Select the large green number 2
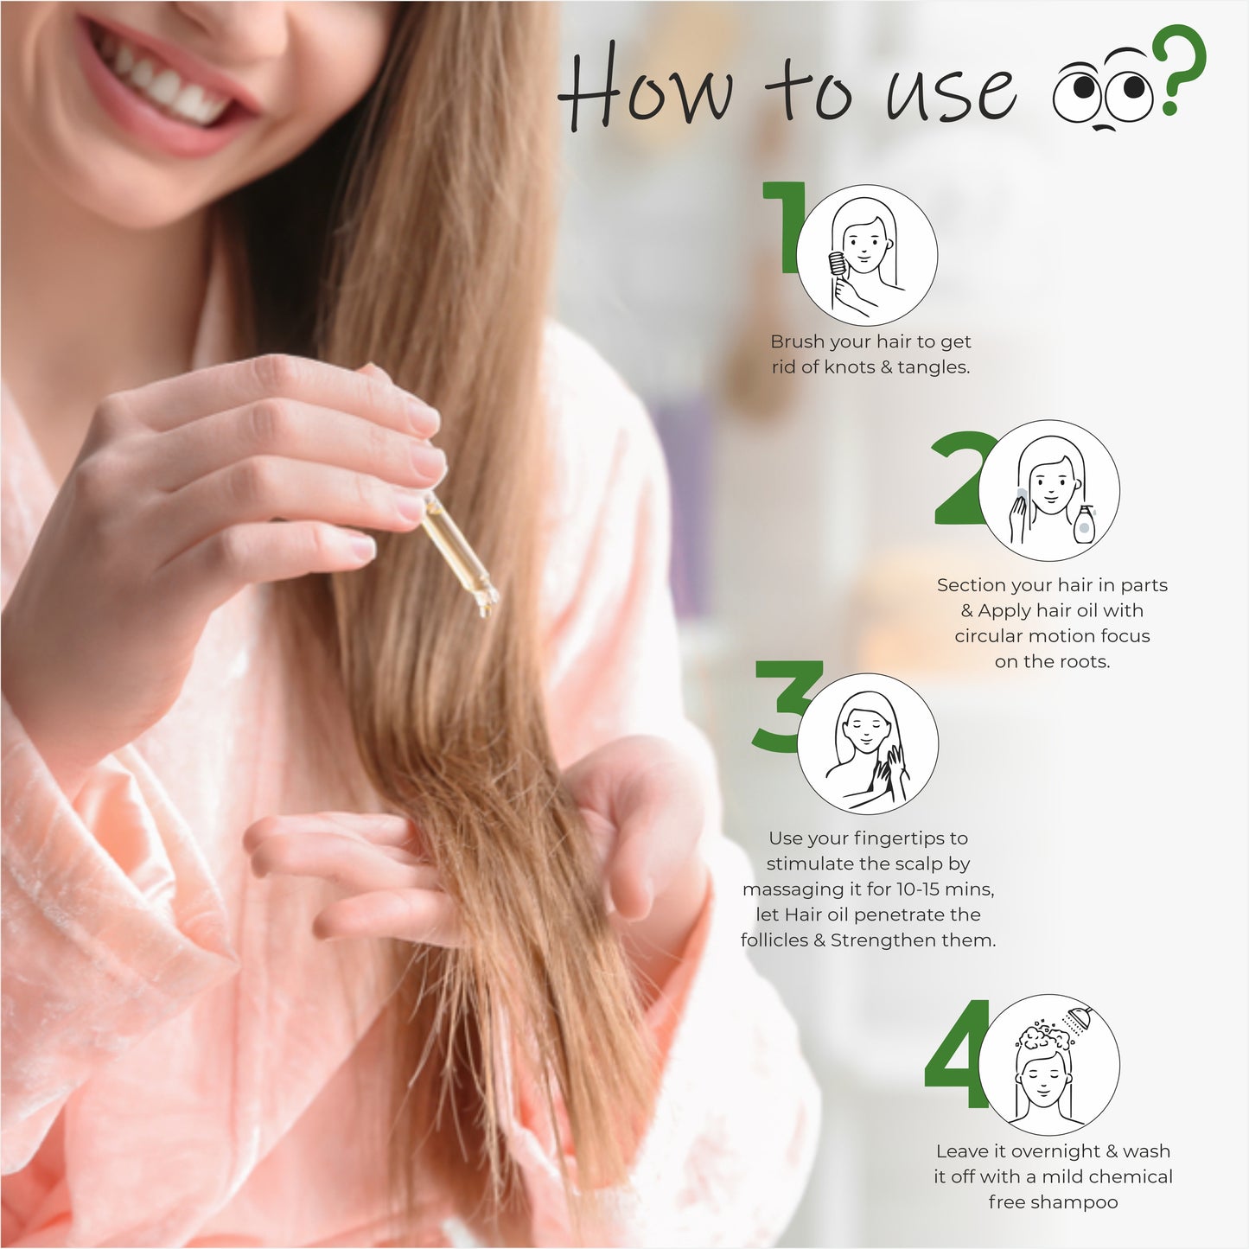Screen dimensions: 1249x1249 pos(960,480)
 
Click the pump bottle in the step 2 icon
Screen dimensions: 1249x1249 pos(1084,524)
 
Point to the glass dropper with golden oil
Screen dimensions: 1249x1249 pos(458,554)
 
